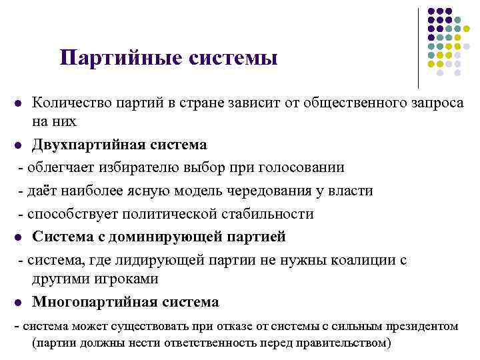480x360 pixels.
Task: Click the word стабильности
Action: point(267,214)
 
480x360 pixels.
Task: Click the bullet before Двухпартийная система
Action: point(18,145)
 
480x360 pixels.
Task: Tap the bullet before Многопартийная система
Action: point(18,302)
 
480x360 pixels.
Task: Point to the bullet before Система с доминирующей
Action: point(18,237)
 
